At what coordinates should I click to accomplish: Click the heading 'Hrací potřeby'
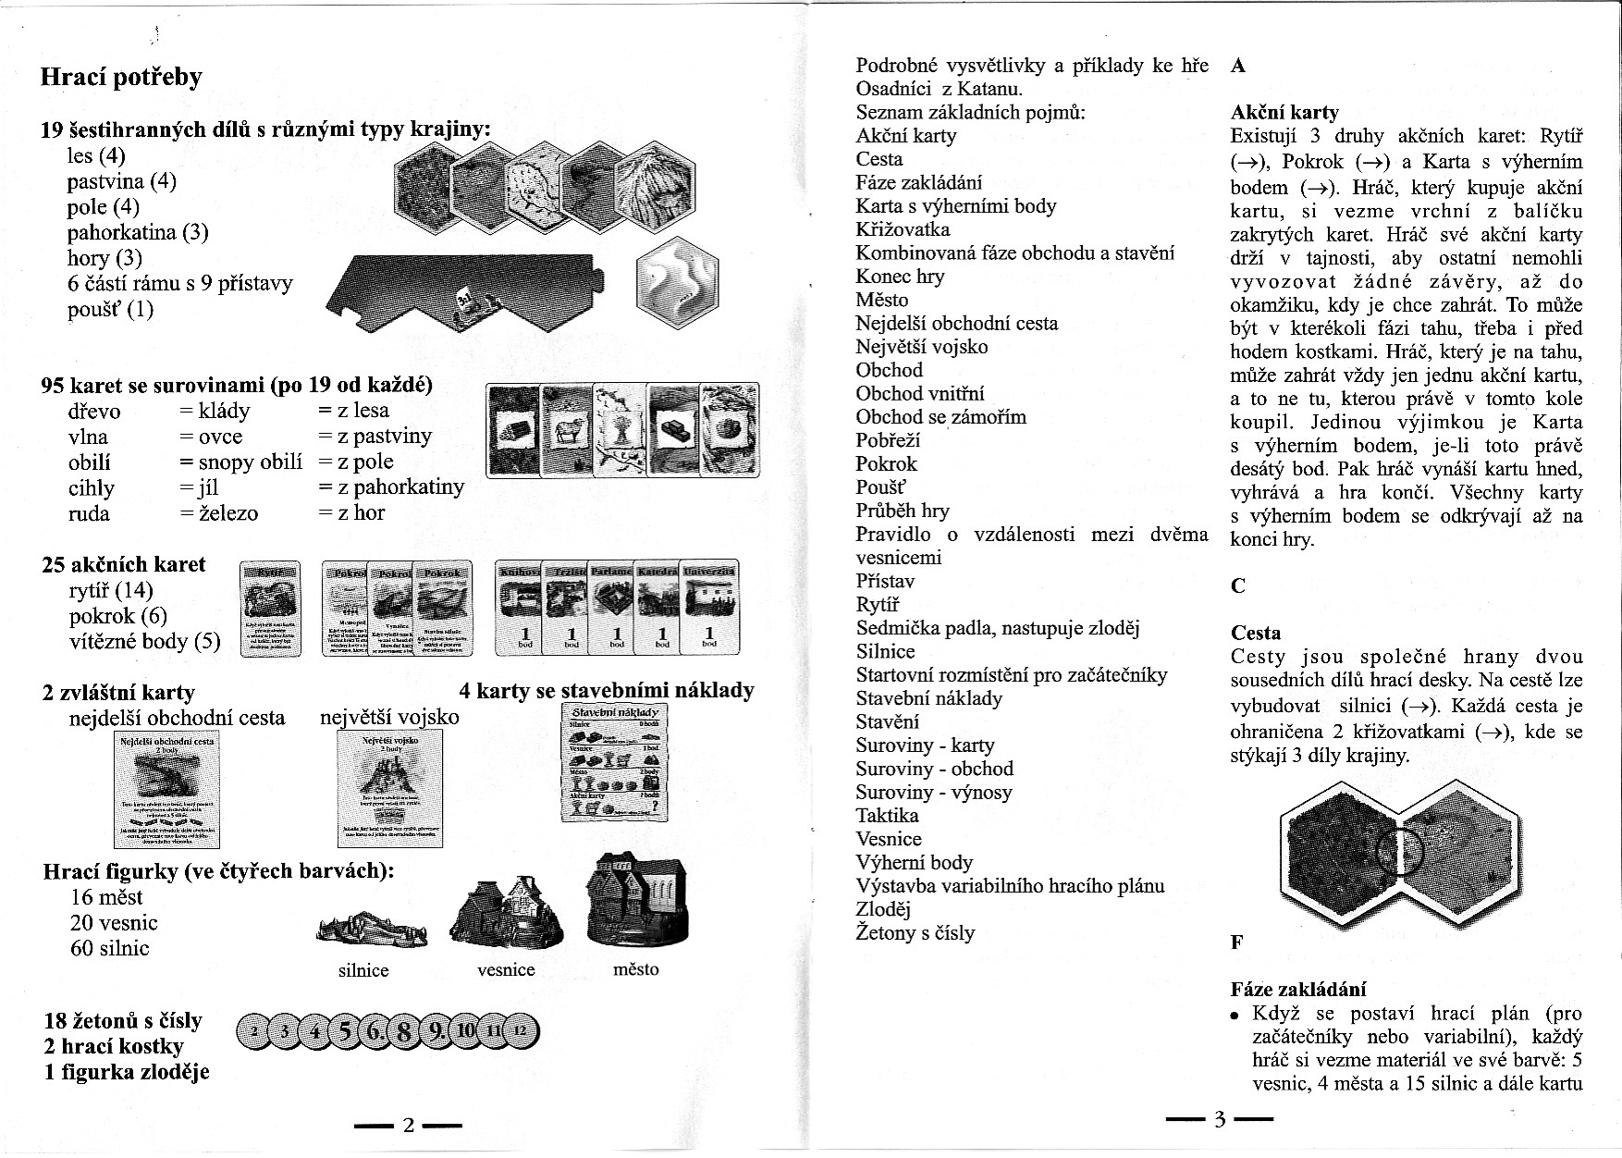(121, 77)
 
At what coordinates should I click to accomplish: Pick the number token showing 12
(521, 1030)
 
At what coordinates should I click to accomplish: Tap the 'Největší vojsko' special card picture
(389, 787)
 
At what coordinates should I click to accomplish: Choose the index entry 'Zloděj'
(883, 909)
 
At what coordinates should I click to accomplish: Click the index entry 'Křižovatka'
(903, 229)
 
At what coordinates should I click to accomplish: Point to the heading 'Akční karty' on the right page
(1284, 112)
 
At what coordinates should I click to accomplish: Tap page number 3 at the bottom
(1219, 1120)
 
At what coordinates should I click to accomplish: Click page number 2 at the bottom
(408, 1126)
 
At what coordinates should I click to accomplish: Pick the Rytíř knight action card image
(269, 608)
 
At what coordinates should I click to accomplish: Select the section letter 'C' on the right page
(1238, 585)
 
